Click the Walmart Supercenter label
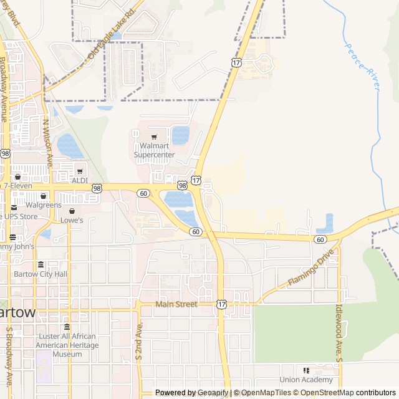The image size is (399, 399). [x=154, y=150]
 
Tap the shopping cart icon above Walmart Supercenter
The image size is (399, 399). [x=154, y=137]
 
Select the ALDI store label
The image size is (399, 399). [x=80, y=180]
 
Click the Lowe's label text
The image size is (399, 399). [x=72, y=220]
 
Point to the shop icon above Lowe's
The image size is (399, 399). [x=72, y=211]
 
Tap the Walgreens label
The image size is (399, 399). [x=44, y=204]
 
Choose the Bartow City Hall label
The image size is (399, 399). [x=40, y=274]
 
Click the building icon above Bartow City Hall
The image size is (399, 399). [x=41, y=264]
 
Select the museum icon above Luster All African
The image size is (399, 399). [x=67, y=327]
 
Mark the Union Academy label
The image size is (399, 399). [x=306, y=380]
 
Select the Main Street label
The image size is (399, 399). [x=176, y=304]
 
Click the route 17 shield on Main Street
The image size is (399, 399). [x=222, y=304]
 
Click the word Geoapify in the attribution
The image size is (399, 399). [x=213, y=393]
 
